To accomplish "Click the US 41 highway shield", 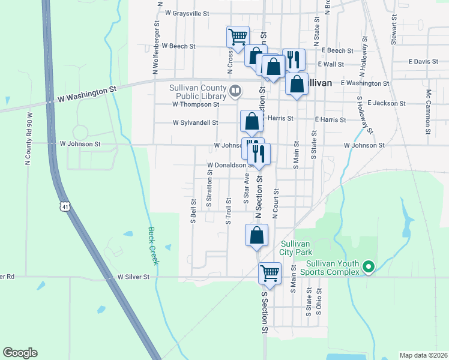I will [x=65, y=206].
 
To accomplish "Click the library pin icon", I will [x=235, y=91].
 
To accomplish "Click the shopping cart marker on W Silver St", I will [x=270, y=274].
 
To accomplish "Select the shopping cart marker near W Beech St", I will [x=238, y=36].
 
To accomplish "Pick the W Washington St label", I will [x=88, y=93].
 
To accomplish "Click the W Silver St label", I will [x=137, y=277].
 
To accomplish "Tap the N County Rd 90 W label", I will [x=28, y=137].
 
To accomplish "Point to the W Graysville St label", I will [x=187, y=13].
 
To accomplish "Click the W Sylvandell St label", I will [x=195, y=122].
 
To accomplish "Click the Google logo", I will [x=20, y=353].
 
